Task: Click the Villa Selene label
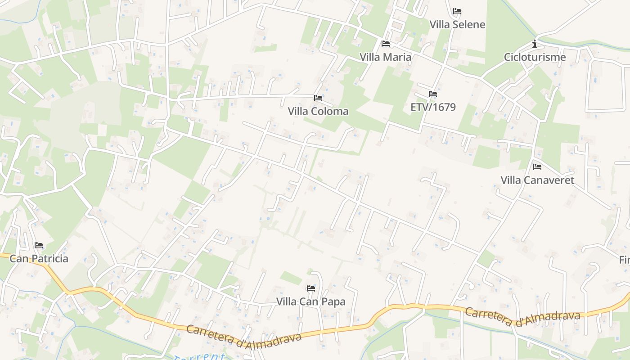[457, 24]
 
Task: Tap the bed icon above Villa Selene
[457, 11]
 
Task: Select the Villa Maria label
[385, 57]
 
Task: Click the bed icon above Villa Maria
[385, 44]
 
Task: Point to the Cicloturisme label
[535, 57]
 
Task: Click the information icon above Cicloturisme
[535, 44]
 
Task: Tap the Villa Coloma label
[318, 111]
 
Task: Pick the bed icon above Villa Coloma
[318, 98]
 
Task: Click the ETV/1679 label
[433, 107]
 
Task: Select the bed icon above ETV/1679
[433, 94]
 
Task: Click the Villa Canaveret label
[537, 180]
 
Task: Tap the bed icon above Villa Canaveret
[537, 167]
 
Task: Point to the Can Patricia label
[39, 259]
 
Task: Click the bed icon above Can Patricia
[39, 245]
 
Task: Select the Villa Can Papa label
[310, 301]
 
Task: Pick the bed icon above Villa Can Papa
[310, 288]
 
